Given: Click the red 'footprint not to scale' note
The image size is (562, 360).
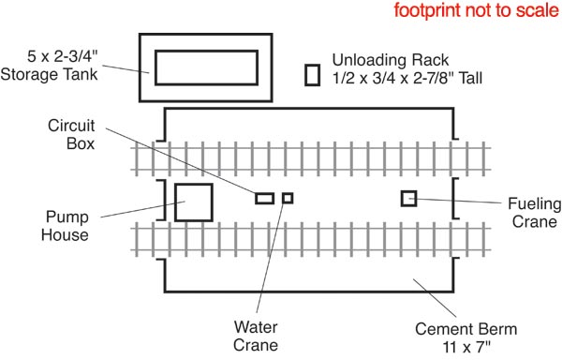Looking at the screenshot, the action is pyautogui.click(x=476, y=10).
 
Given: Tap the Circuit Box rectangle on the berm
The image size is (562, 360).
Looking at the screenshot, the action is pyautogui.click(x=264, y=199).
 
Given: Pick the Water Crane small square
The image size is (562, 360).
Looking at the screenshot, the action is pyautogui.click(x=288, y=198).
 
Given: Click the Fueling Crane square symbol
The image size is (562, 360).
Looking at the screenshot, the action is pyautogui.click(x=408, y=199).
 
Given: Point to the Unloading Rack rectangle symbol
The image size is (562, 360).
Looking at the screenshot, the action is pyautogui.click(x=312, y=75).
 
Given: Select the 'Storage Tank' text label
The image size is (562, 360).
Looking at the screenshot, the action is pyautogui.click(x=49, y=75).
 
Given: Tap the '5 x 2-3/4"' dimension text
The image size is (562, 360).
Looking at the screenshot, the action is pyautogui.click(x=63, y=56).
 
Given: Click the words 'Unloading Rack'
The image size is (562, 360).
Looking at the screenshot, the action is pyautogui.click(x=391, y=60).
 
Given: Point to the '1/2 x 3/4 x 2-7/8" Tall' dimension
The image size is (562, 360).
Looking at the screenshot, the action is pyautogui.click(x=407, y=78).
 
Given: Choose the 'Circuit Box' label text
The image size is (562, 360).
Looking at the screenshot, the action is pyautogui.click(x=71, y=134).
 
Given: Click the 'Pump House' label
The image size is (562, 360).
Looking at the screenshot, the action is pyautogui.click(x=65, y=226).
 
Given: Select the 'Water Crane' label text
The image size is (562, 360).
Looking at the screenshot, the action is pyautogui.click(x=256, y=337).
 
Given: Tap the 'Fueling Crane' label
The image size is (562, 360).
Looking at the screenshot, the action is pyautogui.click(x=535, y=212).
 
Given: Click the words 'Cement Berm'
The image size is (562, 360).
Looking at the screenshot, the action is pyautogui.click(x=466, y=329).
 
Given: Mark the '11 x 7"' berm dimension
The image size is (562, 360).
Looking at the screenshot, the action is pyautogui.click(x=466, y=347).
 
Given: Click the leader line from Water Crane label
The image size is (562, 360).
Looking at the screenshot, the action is pyautogui.click(x=271, y=256).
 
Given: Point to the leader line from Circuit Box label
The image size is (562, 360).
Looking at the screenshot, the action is pyautogui.click(x=180, y=160).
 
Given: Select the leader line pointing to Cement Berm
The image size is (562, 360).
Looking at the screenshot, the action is pyautogui.click(x=435, y=297).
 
